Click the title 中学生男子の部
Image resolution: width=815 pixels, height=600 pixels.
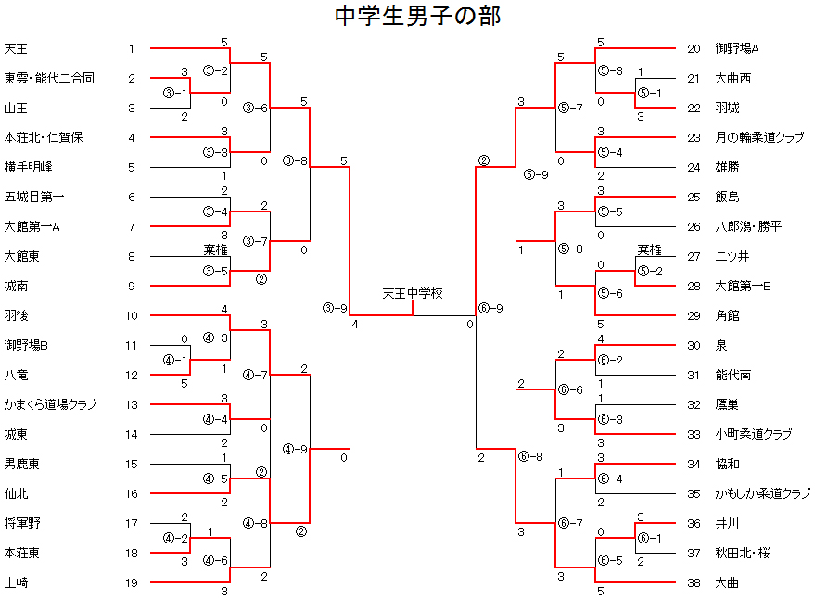point(417,16)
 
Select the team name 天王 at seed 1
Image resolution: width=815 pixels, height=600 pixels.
point(16,49)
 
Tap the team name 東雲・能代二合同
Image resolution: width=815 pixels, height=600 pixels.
point(49,79)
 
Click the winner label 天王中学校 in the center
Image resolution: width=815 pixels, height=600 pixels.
point(413,294)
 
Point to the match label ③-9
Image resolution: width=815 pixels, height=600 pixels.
point(335,308)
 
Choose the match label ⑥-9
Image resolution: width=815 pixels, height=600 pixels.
point(490,308)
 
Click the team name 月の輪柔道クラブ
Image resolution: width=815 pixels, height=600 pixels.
point(759,138)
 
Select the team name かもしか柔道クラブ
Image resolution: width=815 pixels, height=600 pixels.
point(762,494)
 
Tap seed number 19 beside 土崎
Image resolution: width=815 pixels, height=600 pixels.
point(132,582)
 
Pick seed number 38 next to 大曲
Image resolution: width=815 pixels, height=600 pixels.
point(694,582)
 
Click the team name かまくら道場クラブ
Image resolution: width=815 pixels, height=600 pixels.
point(50,404)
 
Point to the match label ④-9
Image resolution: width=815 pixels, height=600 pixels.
point(295,449)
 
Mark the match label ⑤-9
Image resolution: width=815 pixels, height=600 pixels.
point(536,174)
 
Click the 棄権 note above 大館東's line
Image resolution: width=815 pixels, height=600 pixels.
point(215,250)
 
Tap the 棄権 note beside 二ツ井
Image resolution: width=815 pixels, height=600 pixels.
point(649,250)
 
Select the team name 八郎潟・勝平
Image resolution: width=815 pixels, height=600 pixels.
point(748,226)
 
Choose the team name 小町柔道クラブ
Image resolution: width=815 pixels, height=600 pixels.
point(754,434)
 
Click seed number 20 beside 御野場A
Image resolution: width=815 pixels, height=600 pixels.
point(694,49)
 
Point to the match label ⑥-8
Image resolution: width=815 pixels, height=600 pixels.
point(530,456)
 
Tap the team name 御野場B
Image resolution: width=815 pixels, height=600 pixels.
point(26,345)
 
